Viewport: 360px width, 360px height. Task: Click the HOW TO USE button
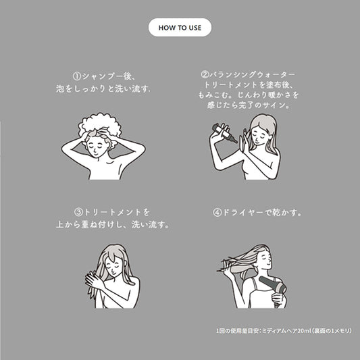pos(180,28)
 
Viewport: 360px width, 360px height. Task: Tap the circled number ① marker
pos(77,76)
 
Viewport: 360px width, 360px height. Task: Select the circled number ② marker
pos(205,74)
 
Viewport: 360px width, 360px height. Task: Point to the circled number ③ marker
pos(79,212)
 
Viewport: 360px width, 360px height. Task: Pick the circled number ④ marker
pos(217,213)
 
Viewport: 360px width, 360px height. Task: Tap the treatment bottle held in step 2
pos(224,132)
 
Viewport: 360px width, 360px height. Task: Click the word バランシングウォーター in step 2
pos(252,74)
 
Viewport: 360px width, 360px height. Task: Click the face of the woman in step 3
pos(114,267)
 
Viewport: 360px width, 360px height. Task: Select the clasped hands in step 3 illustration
pos(94,280)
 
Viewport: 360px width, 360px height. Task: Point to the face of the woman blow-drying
pos(264,259)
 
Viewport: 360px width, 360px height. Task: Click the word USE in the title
pos(195,28)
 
